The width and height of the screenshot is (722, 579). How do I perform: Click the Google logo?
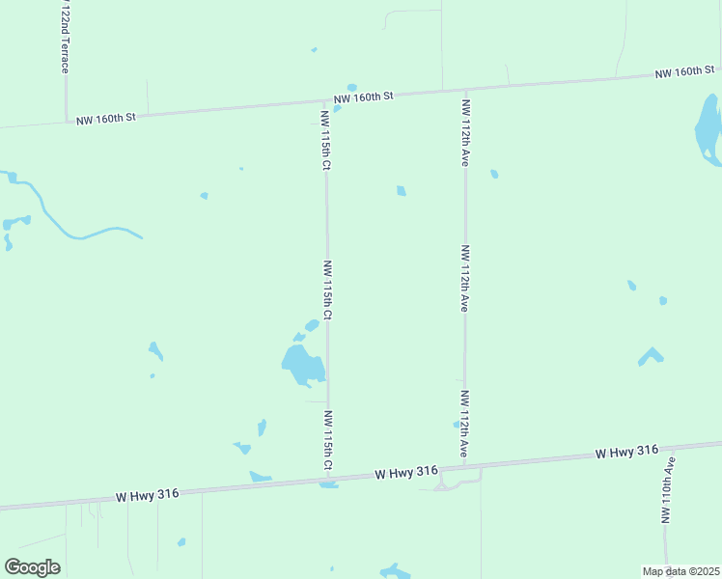(x=32, y=567)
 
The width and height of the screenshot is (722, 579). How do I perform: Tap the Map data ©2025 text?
(x=680, y=571)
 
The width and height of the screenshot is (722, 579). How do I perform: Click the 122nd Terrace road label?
(x=65, y=39)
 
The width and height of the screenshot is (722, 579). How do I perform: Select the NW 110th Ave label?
(x=667, y=490)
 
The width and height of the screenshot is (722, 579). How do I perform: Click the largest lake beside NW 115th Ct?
(x=302, y=365)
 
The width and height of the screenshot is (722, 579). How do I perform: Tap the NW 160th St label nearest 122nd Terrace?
(x=107, y=118)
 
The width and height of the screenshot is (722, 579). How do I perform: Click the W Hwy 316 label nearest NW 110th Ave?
(x=626, y=451)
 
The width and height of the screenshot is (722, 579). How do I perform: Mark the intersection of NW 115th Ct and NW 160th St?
(x=325, y=99)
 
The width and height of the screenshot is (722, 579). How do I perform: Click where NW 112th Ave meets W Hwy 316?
(x=465, y=467)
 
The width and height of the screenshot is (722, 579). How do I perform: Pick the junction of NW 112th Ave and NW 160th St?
(x=465, y=89)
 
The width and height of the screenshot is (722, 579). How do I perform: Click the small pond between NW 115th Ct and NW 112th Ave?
(x=401, y=191)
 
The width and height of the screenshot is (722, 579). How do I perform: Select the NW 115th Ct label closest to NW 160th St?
(x=325, y=139)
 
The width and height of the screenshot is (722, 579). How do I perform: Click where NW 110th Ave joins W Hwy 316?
(x=667, y=447)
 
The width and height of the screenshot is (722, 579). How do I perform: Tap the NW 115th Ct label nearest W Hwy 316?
(x=327, y=441)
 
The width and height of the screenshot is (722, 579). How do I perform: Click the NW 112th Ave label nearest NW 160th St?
(x=465, y=132)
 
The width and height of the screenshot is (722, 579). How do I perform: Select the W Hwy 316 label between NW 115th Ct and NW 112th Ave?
(x=406, y=472)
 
